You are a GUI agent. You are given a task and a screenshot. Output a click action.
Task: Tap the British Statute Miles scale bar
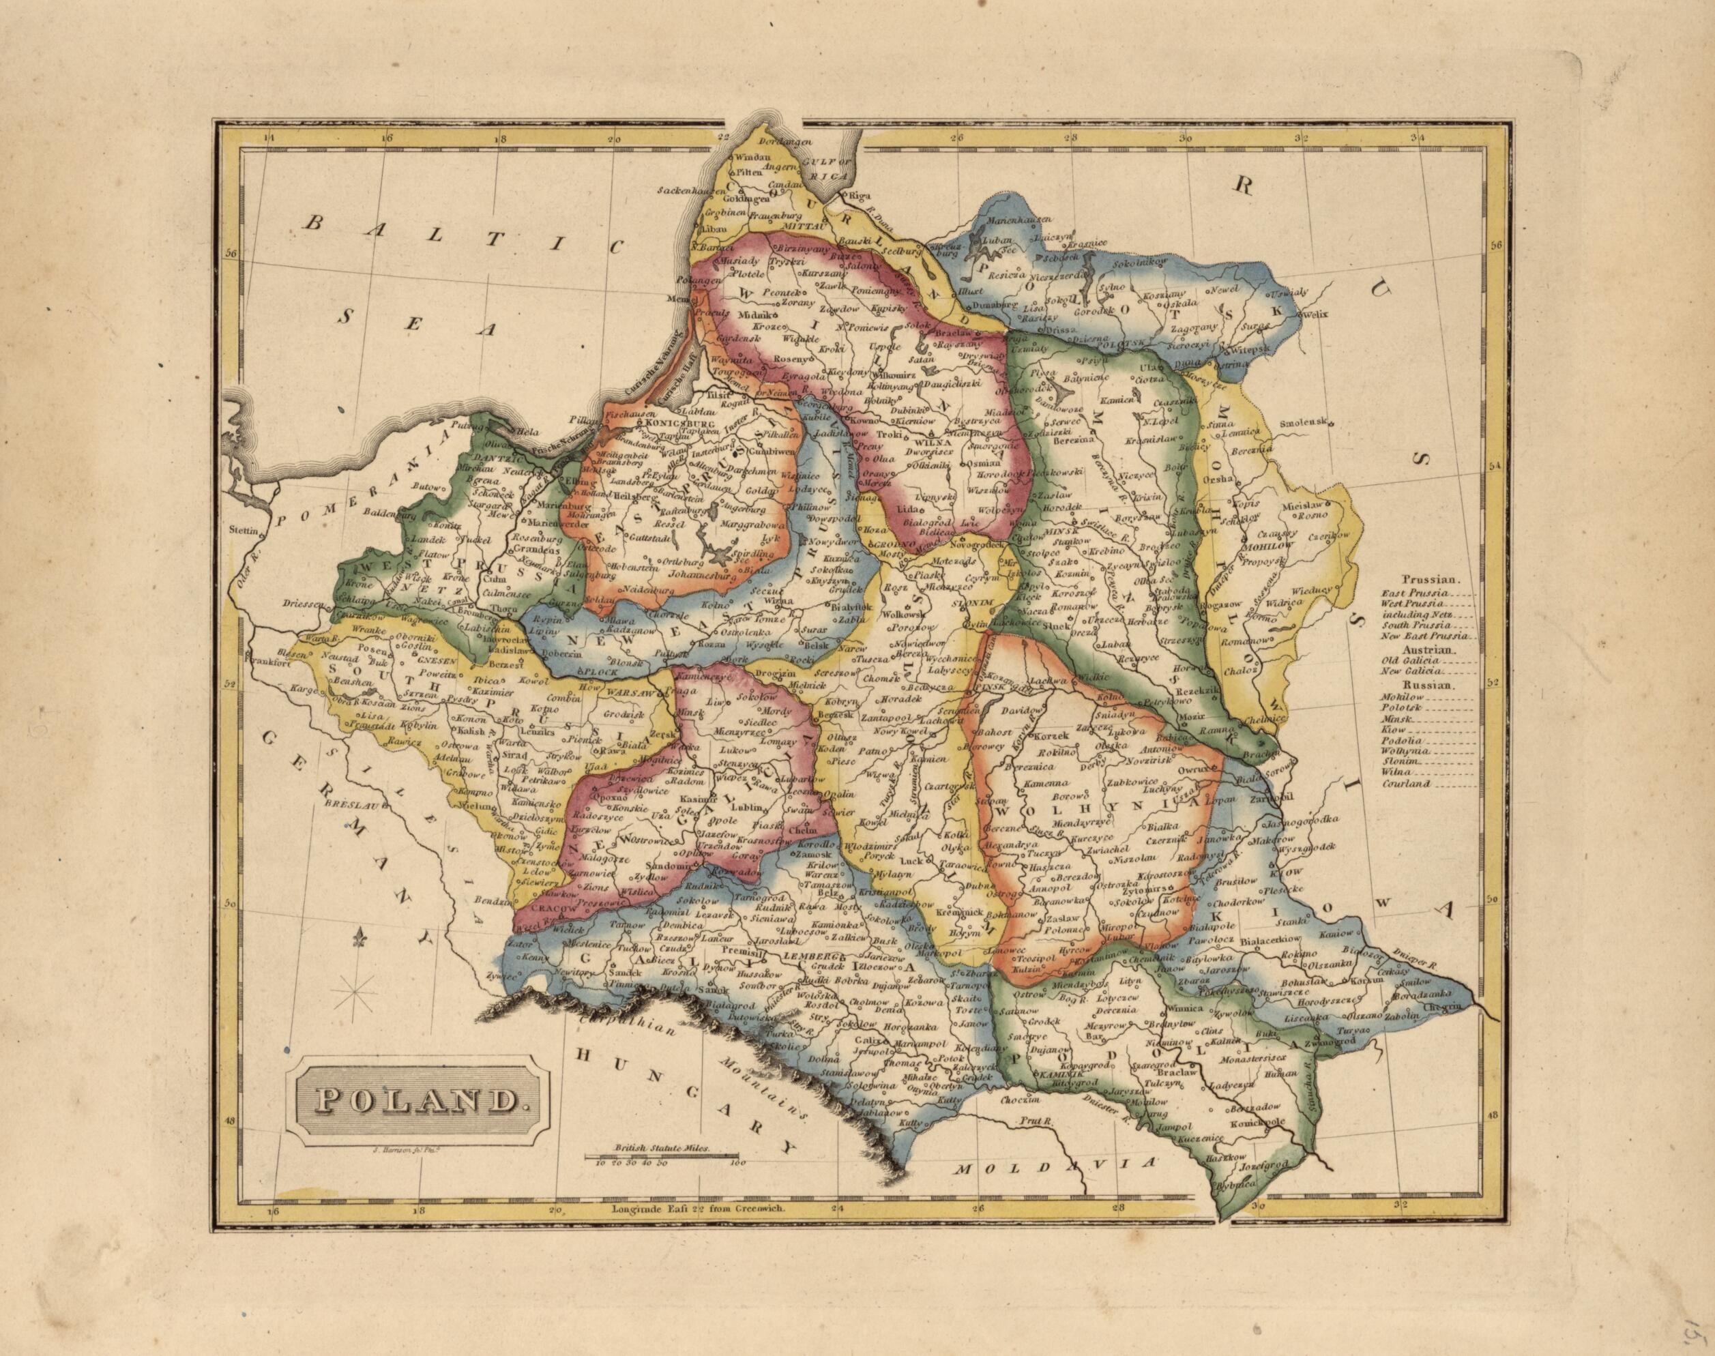pos(664,1155)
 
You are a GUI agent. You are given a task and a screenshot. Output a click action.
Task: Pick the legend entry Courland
pos(1405,784)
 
